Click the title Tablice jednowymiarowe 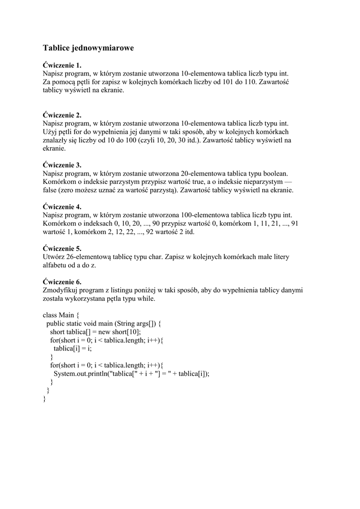[x=88, y=48]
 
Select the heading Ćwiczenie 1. [x=62, y=65]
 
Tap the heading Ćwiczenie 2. [x=62, y=115]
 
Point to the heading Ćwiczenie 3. [x=62, y=165]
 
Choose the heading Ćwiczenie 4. [x=62, y=207]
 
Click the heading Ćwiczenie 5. [x=62, y=249]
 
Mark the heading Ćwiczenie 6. [x=62, y=282]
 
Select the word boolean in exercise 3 [x=275, y=173]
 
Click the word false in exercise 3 [x=51, y=190]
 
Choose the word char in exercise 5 [x=140, y=257]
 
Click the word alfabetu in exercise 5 [x=56, y=265]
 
